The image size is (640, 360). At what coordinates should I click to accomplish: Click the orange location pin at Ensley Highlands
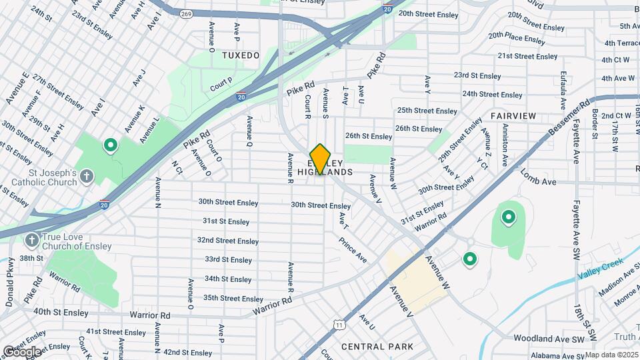tap(321, 159)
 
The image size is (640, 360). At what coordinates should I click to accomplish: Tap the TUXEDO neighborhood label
tap(241, 55)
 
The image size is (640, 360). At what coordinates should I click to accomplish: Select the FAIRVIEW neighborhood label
tap(513, 116)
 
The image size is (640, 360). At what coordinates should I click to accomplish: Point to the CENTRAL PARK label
tap(377, 347)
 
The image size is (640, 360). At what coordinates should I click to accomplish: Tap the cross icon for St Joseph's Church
tap(86, 177)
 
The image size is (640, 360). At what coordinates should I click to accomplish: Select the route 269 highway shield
tap(185, 13)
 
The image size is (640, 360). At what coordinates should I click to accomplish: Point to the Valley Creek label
tap(601, 270)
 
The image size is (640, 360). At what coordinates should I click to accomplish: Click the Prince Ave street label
tap(352, 249)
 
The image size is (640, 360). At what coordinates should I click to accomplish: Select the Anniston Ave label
tap(505, 145)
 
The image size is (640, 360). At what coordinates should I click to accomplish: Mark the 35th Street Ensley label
tap(233, 298)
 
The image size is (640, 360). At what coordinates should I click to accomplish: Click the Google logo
tap(22, 351)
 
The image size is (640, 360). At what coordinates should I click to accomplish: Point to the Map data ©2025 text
tap(611, 355)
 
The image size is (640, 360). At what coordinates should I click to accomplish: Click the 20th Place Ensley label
tap(517, 38)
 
